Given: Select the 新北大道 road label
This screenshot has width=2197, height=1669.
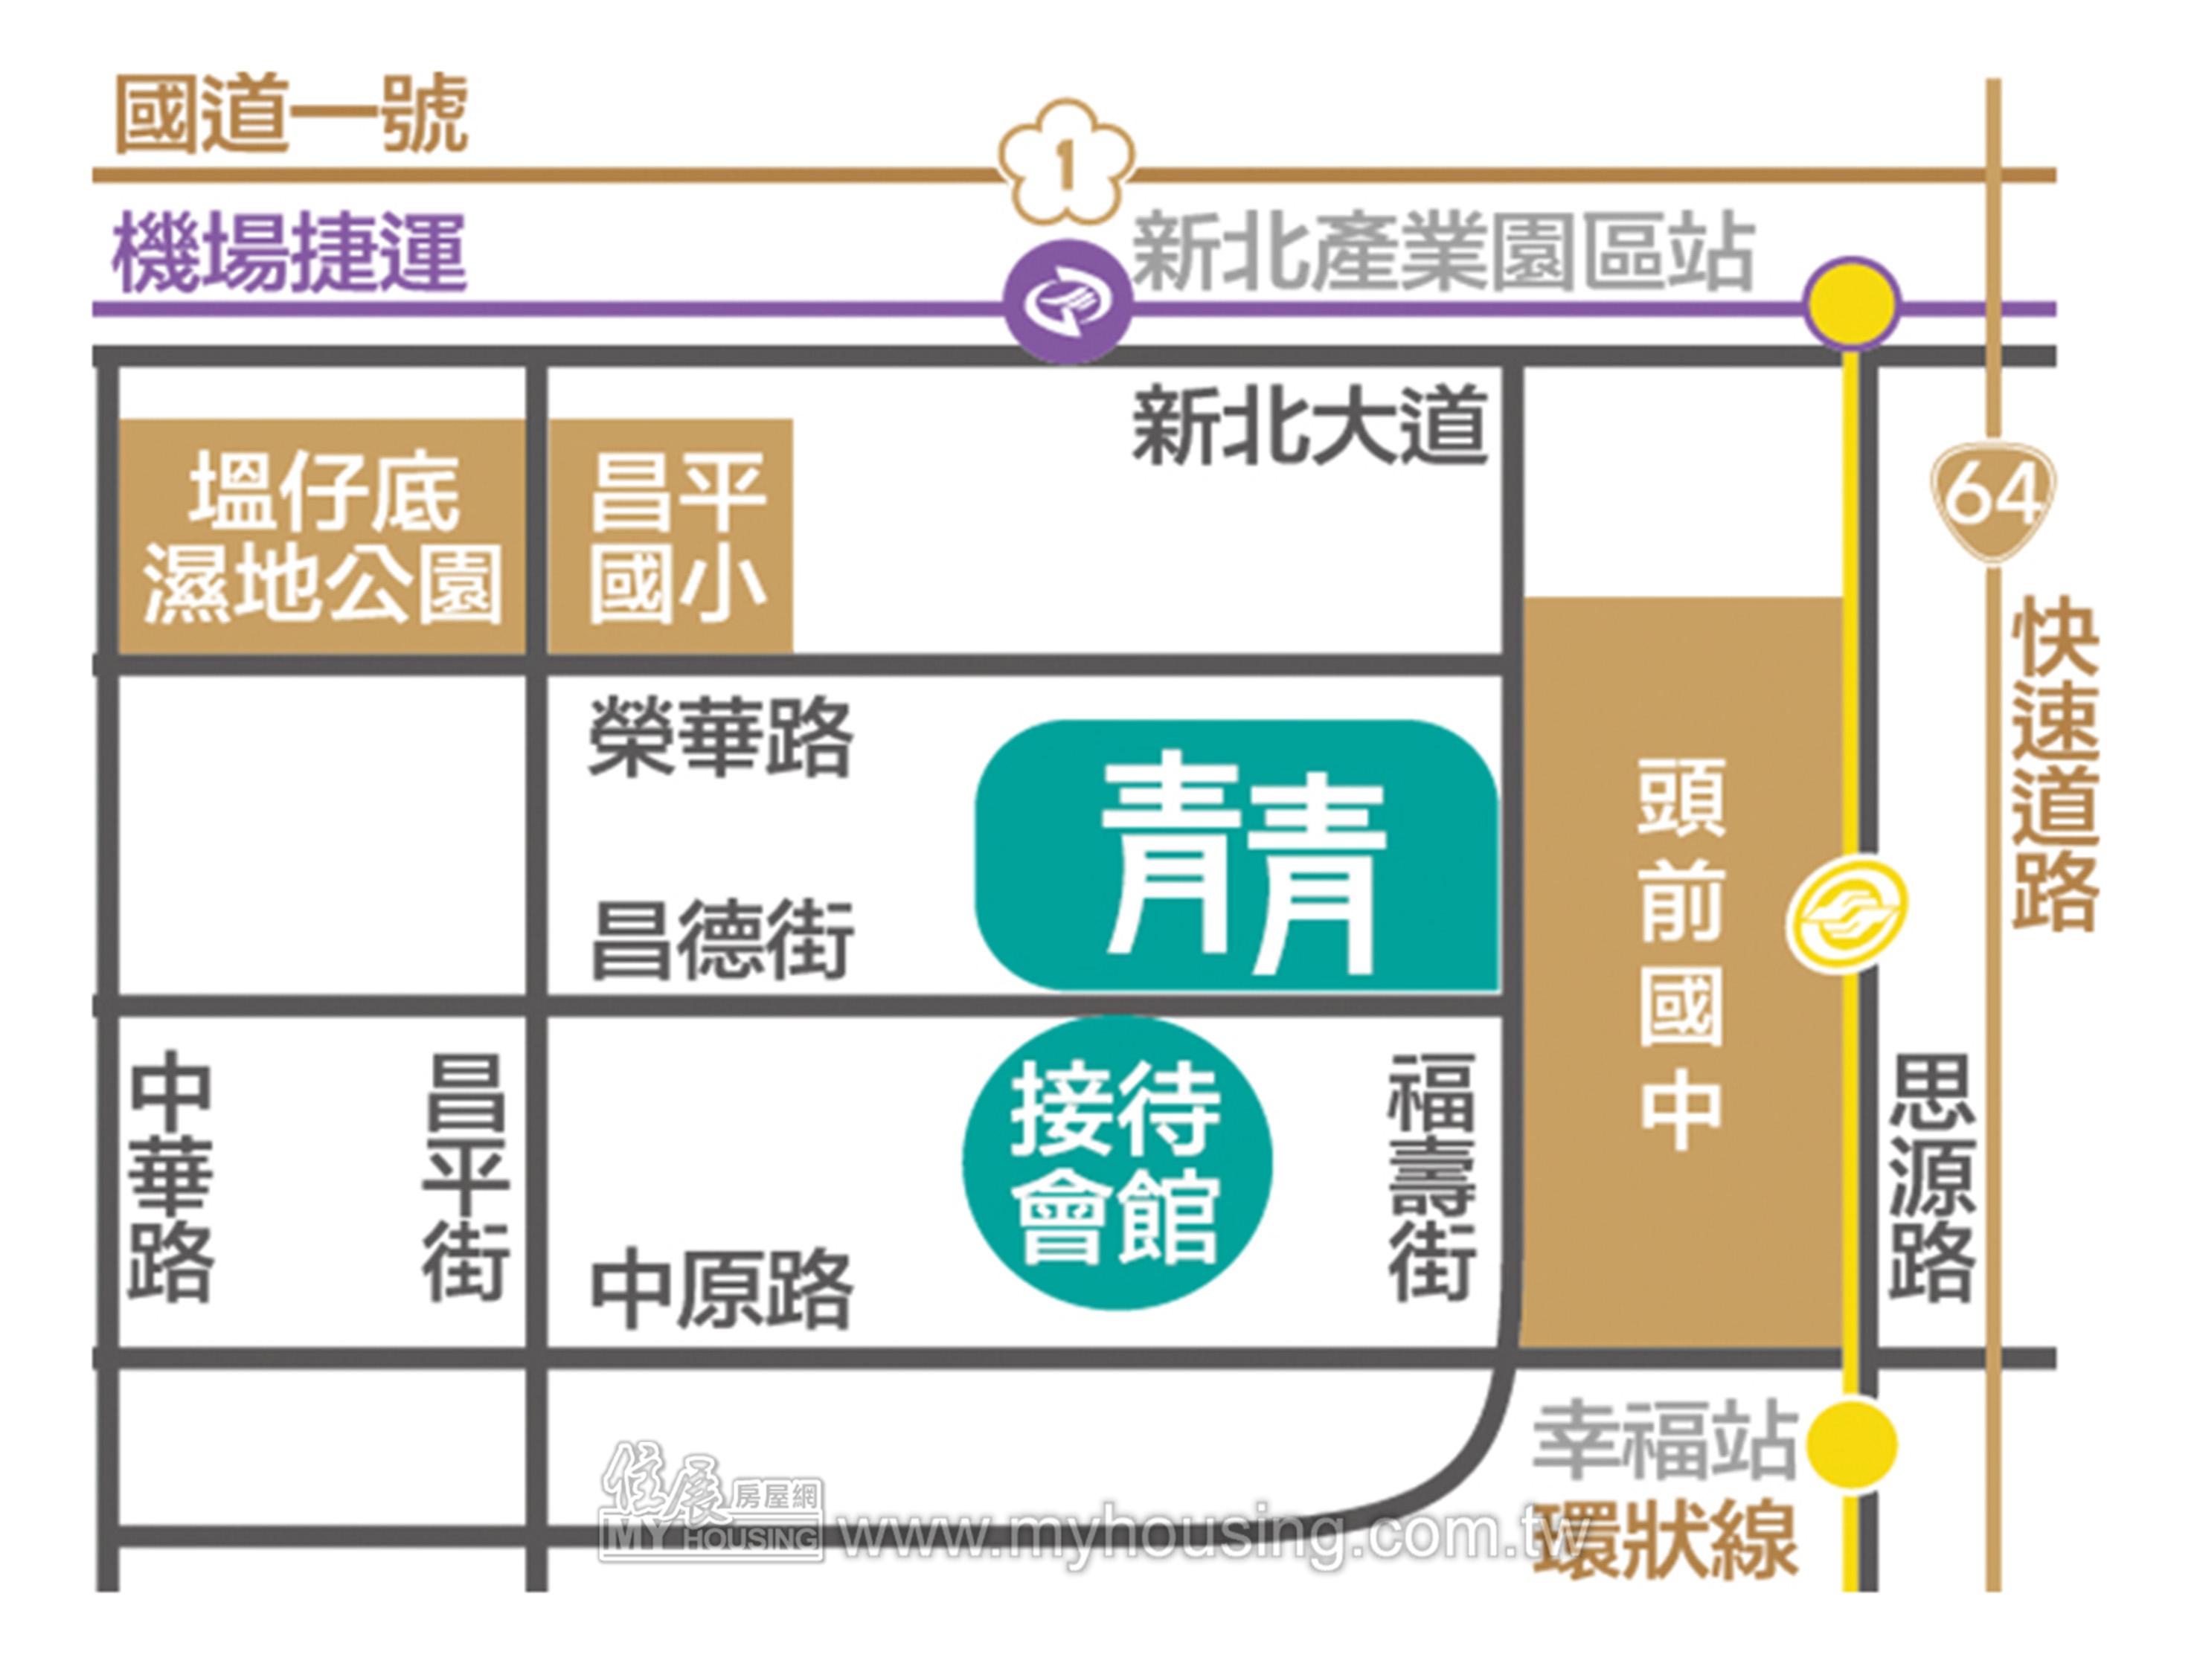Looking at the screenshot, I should click(1309, 426).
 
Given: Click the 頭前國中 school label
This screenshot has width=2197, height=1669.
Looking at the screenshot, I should click(1681, 954).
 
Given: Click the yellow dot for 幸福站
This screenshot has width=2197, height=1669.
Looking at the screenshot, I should click(1850, 1444).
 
